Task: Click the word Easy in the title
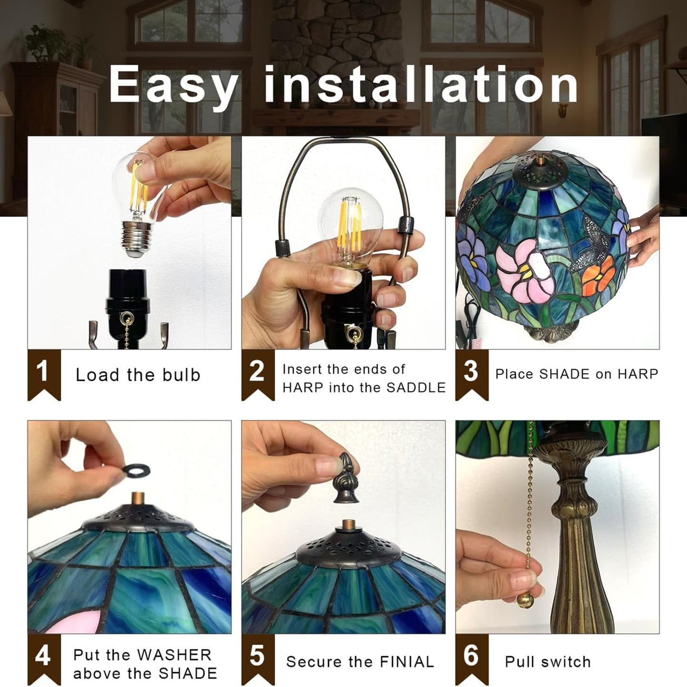173,85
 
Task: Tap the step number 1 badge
44,375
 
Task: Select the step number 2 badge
258,375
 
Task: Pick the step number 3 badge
472,375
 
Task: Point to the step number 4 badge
44,659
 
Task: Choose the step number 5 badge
258,659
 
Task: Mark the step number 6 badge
472,659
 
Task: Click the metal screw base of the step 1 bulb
136,239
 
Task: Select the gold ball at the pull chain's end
525,601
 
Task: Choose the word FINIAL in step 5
407,662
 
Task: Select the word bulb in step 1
182,375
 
